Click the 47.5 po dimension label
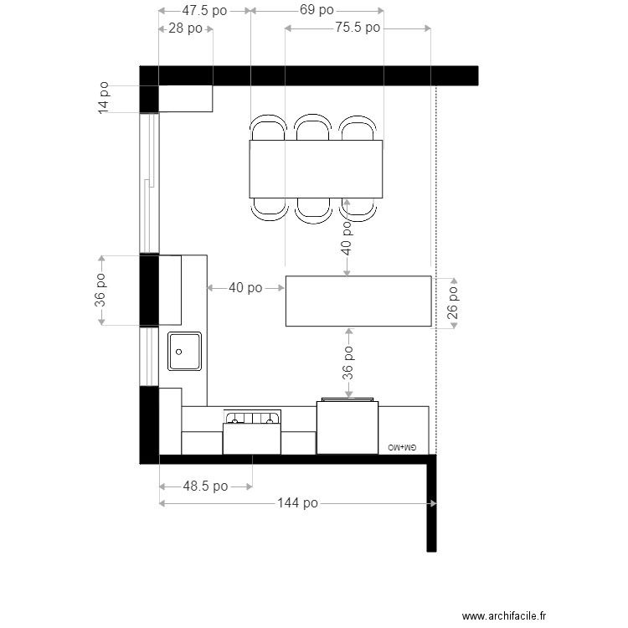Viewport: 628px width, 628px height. tap(204, 11)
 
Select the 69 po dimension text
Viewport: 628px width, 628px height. tap(317, 11)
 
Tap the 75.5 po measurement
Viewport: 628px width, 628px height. tap(358, 28)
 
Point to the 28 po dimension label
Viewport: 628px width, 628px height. tap(185, 28)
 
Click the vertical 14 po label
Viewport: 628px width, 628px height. tap(104, 98)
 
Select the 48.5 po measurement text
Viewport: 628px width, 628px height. tap(205, 486)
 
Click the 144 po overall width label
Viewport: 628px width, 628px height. tap(297, 503)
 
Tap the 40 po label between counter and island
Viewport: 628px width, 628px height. tap(245, 288)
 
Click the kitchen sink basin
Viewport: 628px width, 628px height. tap(184, 351)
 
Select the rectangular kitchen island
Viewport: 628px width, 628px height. tap(358, 301)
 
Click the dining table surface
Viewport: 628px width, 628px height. tap(316, 169)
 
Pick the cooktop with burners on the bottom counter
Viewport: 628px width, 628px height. tap(251, 418)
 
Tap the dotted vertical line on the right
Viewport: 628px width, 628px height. tap(436, 251)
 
